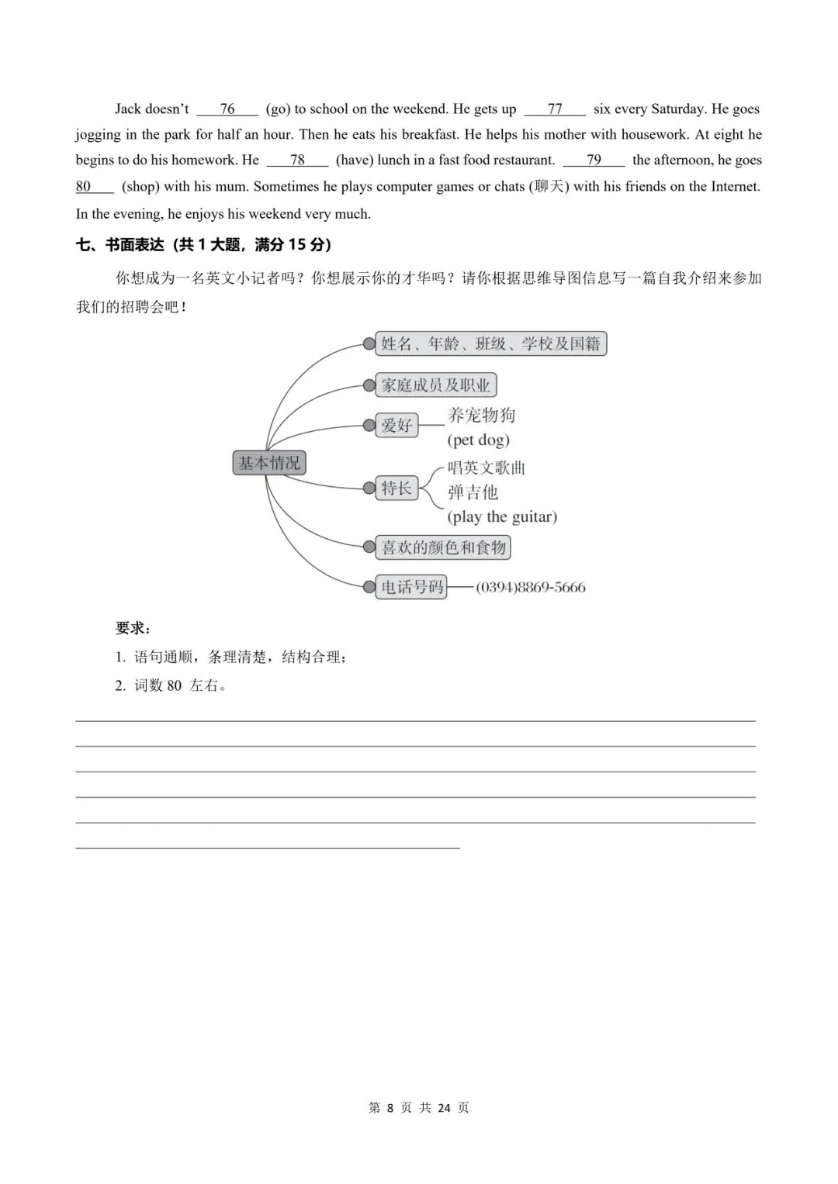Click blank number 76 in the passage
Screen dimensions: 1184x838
point(227,109)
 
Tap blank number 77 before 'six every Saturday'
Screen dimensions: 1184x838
point(555,109)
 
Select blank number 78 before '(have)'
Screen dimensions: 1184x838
point(297,161)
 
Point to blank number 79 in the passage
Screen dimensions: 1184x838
point(594,161)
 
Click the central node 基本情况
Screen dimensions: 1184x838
point(269,463)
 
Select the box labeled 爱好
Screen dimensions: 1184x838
point(396,425)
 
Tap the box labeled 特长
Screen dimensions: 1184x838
point(396,488)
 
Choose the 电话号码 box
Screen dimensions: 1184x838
point(412,587)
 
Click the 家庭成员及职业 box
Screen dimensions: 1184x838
point(436,385)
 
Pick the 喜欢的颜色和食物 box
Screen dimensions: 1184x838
point(444,547)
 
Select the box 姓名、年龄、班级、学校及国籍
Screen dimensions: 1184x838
point(491,343)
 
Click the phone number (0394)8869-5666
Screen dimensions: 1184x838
point(531,588)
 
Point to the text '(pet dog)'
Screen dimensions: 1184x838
point(479,440)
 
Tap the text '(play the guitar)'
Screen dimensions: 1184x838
point(502,517)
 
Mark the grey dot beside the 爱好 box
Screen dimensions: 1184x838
point(369,425)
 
